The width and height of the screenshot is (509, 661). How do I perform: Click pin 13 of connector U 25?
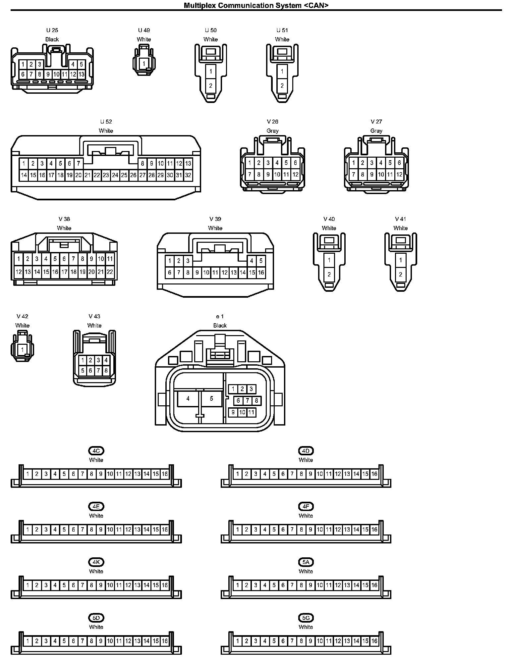(x=82, y=74)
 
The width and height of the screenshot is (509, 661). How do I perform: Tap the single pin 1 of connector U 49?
(x=144, y=63)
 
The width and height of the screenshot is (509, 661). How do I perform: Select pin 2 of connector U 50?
(x=211, y=86)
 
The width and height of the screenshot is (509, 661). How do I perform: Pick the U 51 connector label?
(x=282, y=30)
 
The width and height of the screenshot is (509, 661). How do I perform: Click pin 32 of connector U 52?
(x=188, y=176)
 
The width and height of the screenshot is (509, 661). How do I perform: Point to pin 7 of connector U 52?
(x=79, y=163)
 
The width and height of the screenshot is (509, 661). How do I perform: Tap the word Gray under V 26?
(x=272, y=131)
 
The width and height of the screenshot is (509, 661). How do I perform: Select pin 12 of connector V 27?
(x=399, y=175)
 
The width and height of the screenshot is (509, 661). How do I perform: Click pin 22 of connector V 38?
(x=110, y=272)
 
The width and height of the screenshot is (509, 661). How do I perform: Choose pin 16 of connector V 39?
(x=261, y=273)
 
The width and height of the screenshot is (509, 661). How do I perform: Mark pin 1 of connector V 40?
(x=329, y=260)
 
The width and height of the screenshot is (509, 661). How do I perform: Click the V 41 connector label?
(x=400, y=219)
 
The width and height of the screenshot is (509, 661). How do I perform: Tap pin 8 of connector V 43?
(x=106, y=371)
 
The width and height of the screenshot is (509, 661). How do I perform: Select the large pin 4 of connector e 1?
(x=188, y=399)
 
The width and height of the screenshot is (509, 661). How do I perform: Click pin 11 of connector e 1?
(x=252, y=412)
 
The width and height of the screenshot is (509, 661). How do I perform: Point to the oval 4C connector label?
(x=96, y=451)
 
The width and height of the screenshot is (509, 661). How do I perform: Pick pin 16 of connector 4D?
(x=374, y=474)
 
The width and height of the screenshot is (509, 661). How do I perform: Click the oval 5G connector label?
(x=306, y=618)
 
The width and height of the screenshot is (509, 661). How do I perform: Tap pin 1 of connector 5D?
(x=28, y=641)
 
